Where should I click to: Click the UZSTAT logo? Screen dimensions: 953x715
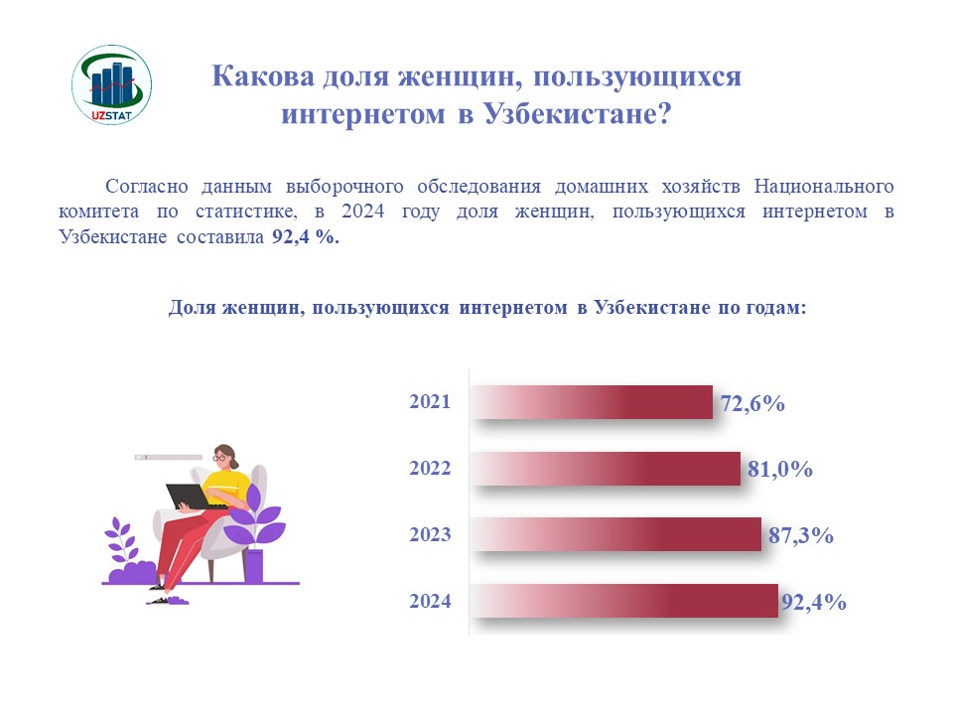pos(111,84)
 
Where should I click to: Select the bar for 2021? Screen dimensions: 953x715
pos(592,402)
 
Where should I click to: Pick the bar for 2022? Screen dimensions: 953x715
pos(606,469)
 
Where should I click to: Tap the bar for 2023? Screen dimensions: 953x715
pos(616,534)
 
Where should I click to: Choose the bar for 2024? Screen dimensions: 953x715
pos(624,601)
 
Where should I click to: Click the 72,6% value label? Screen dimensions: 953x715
pos(752,403)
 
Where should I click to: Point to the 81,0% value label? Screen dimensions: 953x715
pos(780,470)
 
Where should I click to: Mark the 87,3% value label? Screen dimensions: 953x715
pos(801,535)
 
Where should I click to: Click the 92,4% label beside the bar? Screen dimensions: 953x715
pos(814,602)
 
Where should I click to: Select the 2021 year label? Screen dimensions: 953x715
pos(430,402)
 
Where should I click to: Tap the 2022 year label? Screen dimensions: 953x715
pos(430,468)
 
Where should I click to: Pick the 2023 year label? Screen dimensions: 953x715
pos(430,534)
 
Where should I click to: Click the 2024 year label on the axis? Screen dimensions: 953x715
pos(430,601)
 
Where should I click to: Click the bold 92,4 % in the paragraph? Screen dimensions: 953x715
pos(306,236)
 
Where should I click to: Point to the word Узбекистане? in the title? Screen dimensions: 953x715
pos(578,113)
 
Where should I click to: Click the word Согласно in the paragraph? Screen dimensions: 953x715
pos(147,186)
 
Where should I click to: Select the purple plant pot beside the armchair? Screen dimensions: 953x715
pos(253,565)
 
